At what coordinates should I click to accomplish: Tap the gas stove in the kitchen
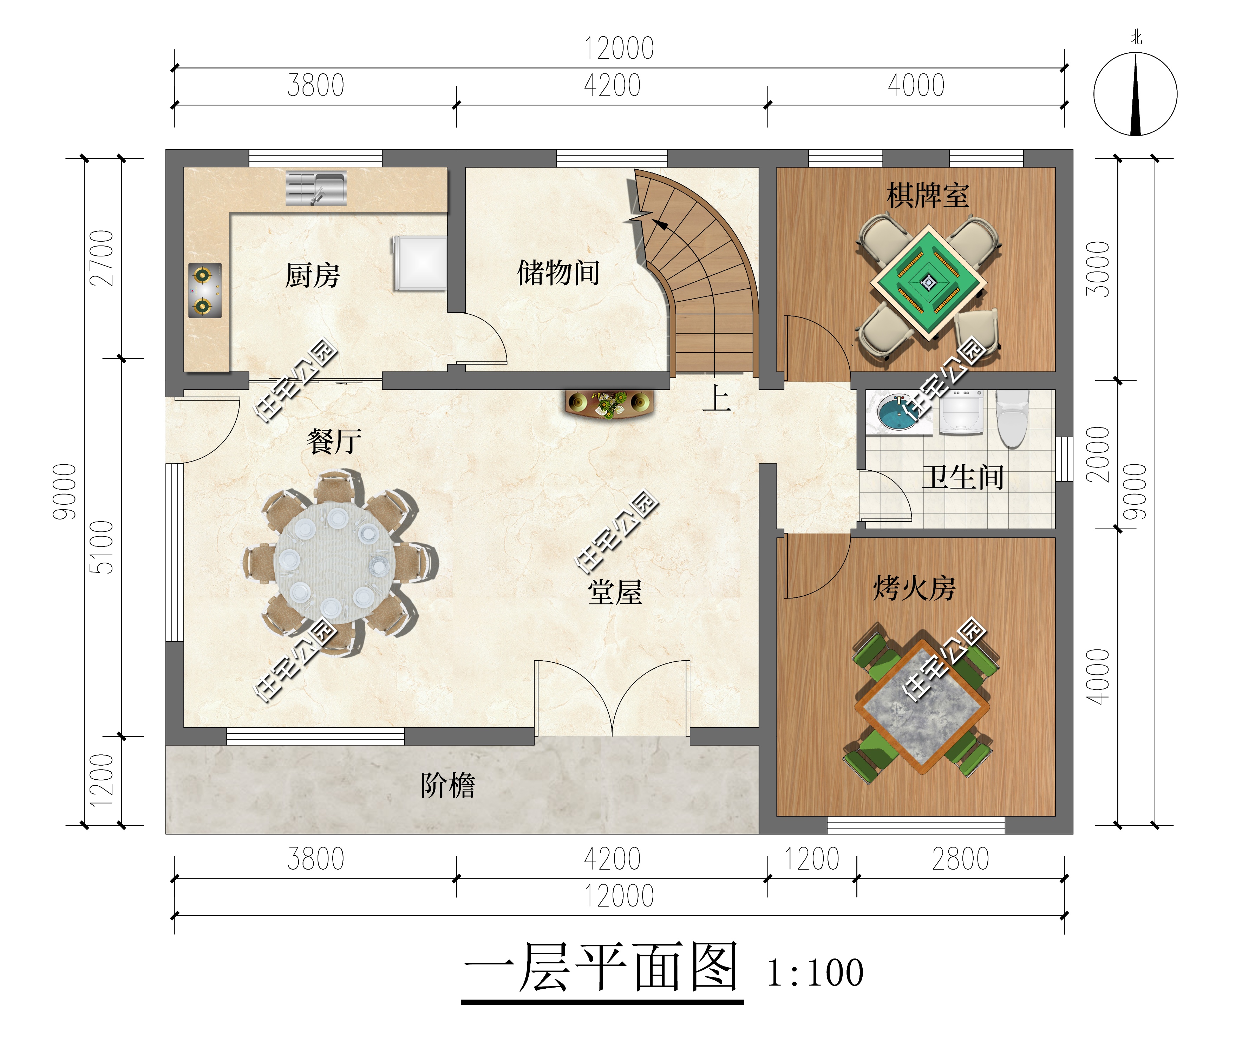(x=205, y=290)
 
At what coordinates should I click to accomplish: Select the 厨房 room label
(x=312, y=276)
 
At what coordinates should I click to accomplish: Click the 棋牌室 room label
(x=927, y=195)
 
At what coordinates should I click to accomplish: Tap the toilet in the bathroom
(x=1013, y=419)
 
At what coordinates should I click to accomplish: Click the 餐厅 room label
(x=334, y=441)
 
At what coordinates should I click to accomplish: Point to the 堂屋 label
(x=615, y=592)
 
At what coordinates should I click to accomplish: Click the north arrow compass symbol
(x=1135, y=93)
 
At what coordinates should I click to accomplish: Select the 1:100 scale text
(x=815, y=973)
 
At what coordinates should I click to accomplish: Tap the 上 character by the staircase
(x=717, y=398)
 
